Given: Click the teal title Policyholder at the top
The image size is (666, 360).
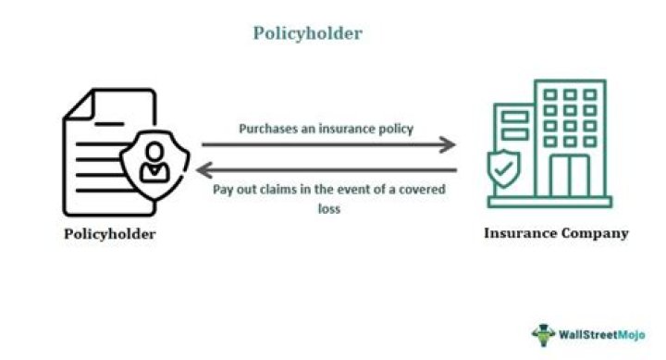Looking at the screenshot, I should pyautogui.click(x=308, y=33).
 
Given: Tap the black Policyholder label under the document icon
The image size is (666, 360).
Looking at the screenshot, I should pyautogui.click(x=110, y=234).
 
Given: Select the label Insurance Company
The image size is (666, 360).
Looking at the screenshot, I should pyautogui.click(x=556, y=233).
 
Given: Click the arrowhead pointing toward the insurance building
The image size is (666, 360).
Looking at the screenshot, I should pyautogui.click(x=449, y=144).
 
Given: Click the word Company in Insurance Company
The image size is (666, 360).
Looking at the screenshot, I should pyautogui.click(x=598, y=233).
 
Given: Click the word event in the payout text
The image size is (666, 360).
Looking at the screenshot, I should pyautogui.click(x=358, y=190).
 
